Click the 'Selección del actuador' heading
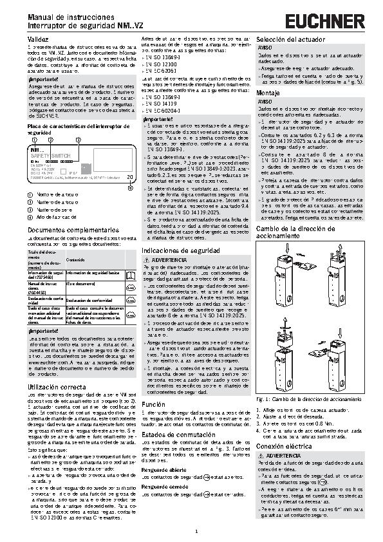click(286, 40)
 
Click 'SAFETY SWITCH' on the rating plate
click(51, 156)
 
